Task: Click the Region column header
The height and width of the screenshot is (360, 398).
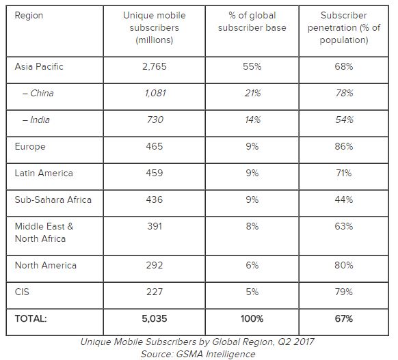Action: pyautogui.click(x=29, y=16)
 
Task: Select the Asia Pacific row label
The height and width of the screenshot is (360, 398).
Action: pyautogui.click(x=39, y=66)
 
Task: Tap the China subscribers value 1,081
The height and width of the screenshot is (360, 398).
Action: pyautogui.click(x=155, y=93)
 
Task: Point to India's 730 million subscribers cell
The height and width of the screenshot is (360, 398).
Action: pyautogui.click(x=155, y=120)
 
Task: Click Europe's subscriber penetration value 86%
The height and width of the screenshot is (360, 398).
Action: pyautogui.click(x=344, y=146)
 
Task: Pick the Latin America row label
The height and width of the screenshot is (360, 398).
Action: pyautogui.click(x=44, y=173)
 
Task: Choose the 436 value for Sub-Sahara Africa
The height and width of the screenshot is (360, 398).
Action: pyautogui.click(x=155, y=199)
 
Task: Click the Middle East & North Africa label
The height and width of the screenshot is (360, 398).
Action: pyautogui.click(x=44, y=232)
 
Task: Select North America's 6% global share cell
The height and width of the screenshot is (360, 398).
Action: pyautogui.click(x=252, y=265)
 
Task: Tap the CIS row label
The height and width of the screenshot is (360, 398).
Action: pyautogui.click(x=22, y=292)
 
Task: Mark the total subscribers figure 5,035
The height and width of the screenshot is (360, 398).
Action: pyautogui.click(x=155, y=319)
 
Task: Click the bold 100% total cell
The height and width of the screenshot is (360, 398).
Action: pyautogui.click(x=252, y=319)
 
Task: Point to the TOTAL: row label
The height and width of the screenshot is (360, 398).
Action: pyautogui.click(x=31, y=319)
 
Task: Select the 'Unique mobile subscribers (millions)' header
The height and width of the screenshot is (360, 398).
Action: pyautogui.click(x=155, y=27)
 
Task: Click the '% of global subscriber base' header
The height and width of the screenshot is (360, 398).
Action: pyautogui.click(x=252, y=22)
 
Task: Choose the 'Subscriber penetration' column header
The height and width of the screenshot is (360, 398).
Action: pyautogui.click(x=344, y=27)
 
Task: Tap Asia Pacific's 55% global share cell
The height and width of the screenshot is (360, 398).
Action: pyautogui.click(x=252, y=66)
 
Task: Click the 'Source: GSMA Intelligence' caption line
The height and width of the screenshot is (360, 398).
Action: pyautogui.click(x=198, y=354)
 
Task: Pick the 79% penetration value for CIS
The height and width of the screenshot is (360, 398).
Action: pyautogui.click(x=344, y=292)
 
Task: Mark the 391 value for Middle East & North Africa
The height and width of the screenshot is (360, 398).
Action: pyautogui.click(x=155, y=226)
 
